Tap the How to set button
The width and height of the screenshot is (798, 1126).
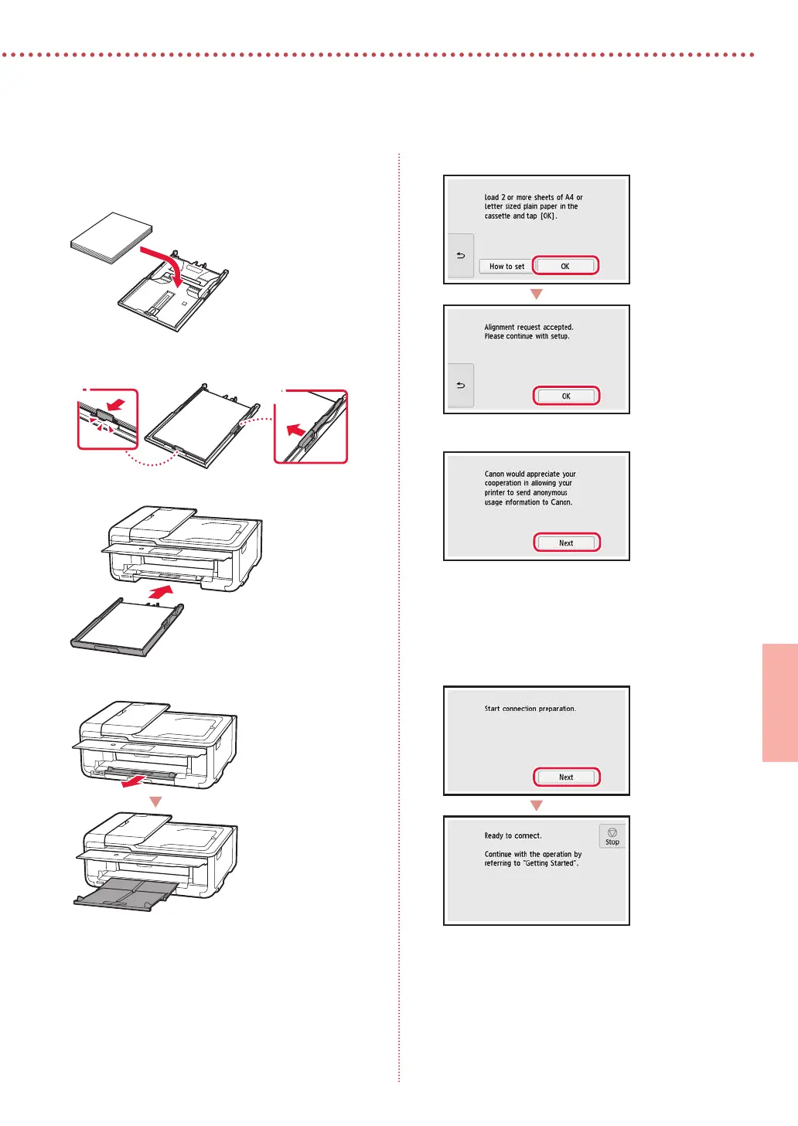pos(506,267)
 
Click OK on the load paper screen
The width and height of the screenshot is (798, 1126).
pos(565,266)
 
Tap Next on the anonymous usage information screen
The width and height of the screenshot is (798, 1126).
pos(566,543)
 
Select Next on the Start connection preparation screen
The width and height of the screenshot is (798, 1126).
pos(566,777)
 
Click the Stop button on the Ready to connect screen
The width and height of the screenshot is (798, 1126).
pos(612,836)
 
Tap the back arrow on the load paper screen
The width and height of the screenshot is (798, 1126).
pos(461,256)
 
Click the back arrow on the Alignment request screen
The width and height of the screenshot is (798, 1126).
pos(461,386)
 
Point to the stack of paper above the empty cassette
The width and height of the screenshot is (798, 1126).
pos(111,237)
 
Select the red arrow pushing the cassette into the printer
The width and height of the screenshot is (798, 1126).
pos(161,592)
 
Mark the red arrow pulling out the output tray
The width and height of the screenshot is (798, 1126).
pos(135,781)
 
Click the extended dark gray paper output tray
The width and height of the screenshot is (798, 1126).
pos(126,895)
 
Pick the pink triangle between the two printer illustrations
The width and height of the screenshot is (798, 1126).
pos(156,801)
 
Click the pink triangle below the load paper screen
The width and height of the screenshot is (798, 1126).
pos(537,294)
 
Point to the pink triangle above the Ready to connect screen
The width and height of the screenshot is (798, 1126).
pos(537,805)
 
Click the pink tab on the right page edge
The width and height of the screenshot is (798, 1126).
pos(780,702)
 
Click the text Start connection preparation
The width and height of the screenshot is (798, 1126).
pos(530,709)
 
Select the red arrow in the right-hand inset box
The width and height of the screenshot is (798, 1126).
pos(295,430)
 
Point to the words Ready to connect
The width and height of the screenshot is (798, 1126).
pos(513,835)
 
